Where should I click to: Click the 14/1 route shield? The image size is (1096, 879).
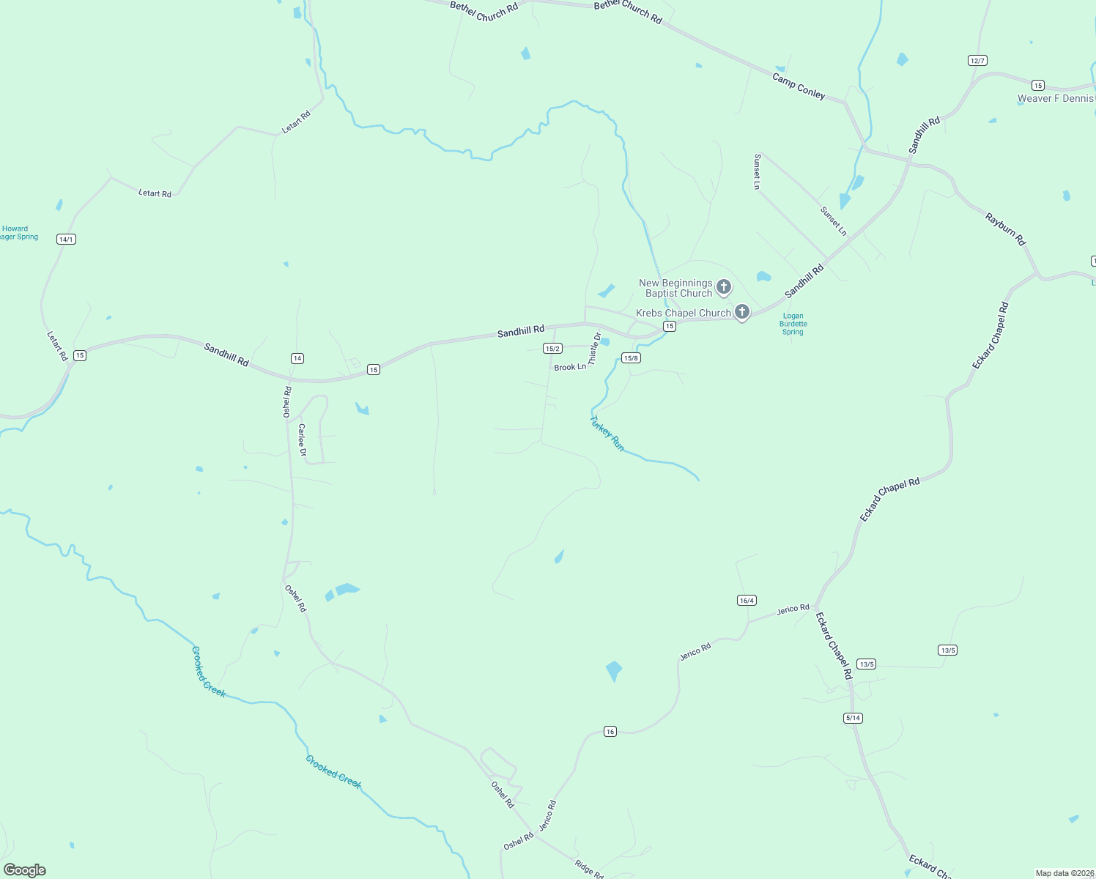point(66,240)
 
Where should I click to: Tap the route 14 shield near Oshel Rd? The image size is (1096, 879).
point(297,358)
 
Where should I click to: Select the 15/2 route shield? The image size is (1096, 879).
point(552,349)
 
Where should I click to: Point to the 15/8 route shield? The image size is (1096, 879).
point(631,357)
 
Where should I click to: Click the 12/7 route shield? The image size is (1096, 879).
point(977,60)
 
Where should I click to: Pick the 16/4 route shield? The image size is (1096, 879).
point(747,601)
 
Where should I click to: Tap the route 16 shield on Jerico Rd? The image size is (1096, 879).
point(610,731)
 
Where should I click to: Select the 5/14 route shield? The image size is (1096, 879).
point(853,718)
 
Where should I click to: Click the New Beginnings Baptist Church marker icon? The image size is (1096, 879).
point(724,286)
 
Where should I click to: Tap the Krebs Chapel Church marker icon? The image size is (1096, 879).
point(742,312)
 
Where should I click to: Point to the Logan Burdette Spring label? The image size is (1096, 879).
point(793,324)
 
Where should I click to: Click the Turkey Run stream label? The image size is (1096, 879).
point(607,434)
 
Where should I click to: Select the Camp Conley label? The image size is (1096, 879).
point(799,86)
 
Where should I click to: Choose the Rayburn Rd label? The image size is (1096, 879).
point(1006,229)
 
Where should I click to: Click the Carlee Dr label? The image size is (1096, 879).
point(302,439)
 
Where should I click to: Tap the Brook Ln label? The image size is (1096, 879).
point(570,367)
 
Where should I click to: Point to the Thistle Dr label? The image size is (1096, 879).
point(595,349)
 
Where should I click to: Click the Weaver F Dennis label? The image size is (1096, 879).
point(1055,98)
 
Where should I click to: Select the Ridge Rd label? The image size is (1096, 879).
point(589,869)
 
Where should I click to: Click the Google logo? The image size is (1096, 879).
point(25,870)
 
